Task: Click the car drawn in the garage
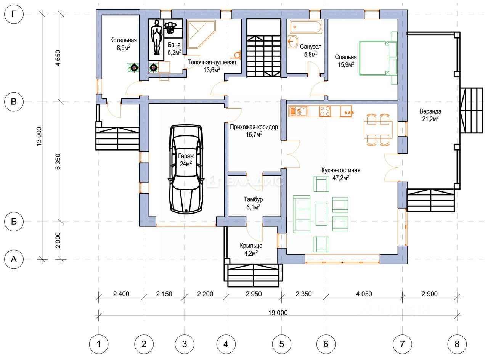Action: point(186,169)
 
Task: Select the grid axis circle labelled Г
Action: point(14,14)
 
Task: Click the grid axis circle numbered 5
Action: point(281,344)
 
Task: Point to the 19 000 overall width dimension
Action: point(278,313)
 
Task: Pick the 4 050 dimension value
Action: point(364,294)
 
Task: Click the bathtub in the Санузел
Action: point(306,27)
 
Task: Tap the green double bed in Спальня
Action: point(374,58)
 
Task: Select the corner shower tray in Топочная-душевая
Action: point(202,34)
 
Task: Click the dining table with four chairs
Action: point(378,130)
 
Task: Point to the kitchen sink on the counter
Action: point(298,111)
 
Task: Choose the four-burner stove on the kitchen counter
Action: point(325,111)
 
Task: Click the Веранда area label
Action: point(430,115)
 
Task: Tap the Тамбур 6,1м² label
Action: point(253,203)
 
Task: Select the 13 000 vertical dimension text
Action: point(39,137)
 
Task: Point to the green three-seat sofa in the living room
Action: point(302,214)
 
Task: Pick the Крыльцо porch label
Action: point(251,249)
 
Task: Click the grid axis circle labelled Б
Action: point(14,222)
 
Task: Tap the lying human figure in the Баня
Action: point(156,37)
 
